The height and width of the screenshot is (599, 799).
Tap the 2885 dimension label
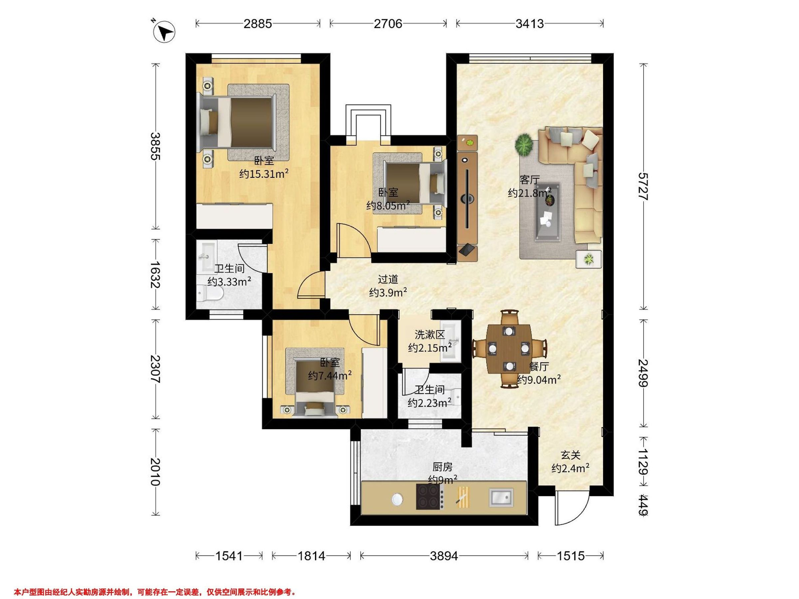(258, 24)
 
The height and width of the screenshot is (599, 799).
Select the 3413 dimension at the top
(530, 24)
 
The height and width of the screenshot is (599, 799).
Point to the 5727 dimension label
(643, 187)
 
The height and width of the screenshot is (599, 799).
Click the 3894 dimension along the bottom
(444, 556)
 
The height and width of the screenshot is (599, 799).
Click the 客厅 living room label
(530, 179)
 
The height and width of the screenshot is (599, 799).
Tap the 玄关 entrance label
(571, 455)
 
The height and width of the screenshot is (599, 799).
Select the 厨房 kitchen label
(442, 467)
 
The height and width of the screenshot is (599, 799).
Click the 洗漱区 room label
(429, 335)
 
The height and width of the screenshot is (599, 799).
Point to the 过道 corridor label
(388, 279)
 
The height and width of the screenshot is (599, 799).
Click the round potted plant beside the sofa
(524, 144)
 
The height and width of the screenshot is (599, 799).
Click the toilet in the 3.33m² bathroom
(210, 293)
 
